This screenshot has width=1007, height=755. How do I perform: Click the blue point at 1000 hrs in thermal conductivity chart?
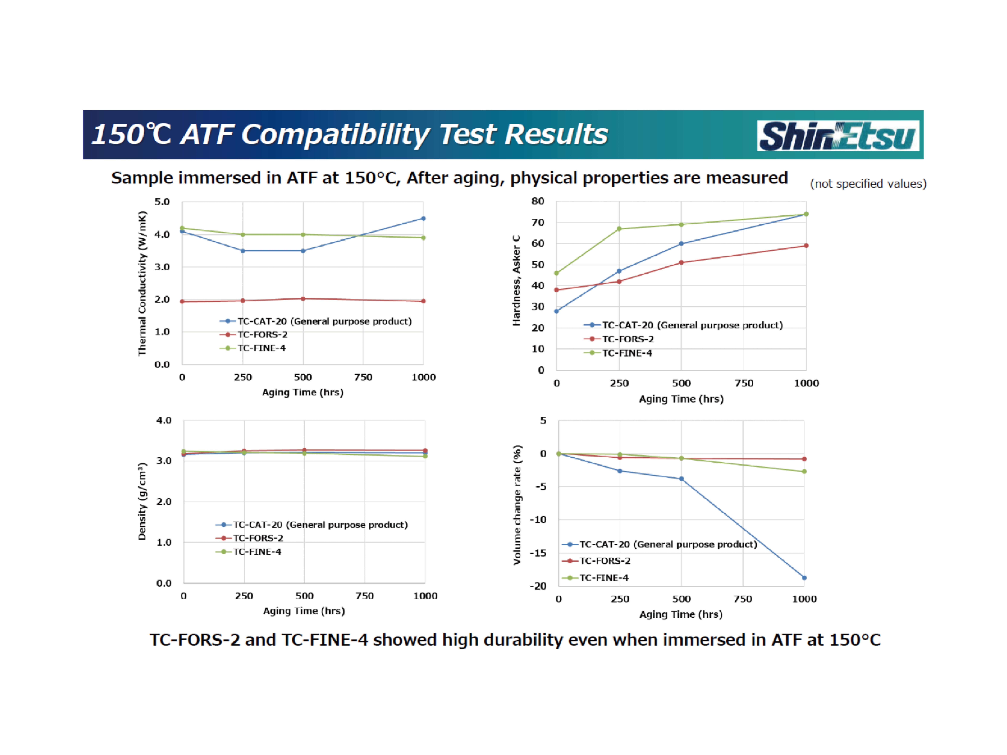(x=423, y=218)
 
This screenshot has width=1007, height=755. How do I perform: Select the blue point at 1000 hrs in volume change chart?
(x=804, y=578)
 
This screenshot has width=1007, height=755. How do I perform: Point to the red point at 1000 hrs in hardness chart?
(x=806, y=246)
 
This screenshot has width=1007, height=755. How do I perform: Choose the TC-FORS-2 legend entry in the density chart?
(x=258, y=538)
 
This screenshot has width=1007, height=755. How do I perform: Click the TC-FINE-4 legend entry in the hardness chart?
(x=627, y=353)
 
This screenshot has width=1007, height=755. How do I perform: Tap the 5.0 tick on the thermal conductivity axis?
(x=162, y=202)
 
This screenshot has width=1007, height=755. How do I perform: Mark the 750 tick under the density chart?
(x=365, y=596)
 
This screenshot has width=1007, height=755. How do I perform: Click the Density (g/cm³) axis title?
(x=142, y=501)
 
